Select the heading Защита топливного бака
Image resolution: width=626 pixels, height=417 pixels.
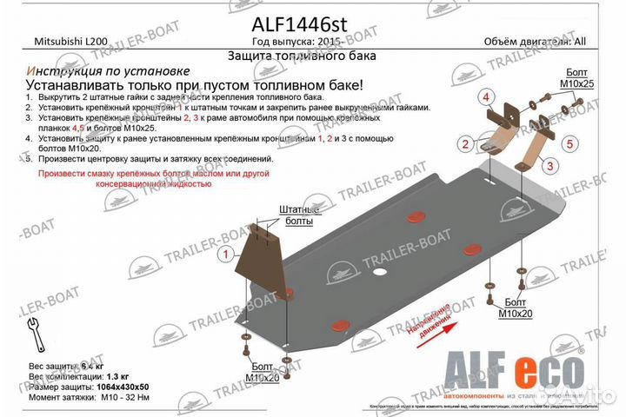pyautogui.click(x=302, y=56)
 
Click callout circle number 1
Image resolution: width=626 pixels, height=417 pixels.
pyautogui.click(x=225, y=255)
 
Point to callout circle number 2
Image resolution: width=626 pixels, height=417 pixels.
pyautogui.click(x=466, y=143)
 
